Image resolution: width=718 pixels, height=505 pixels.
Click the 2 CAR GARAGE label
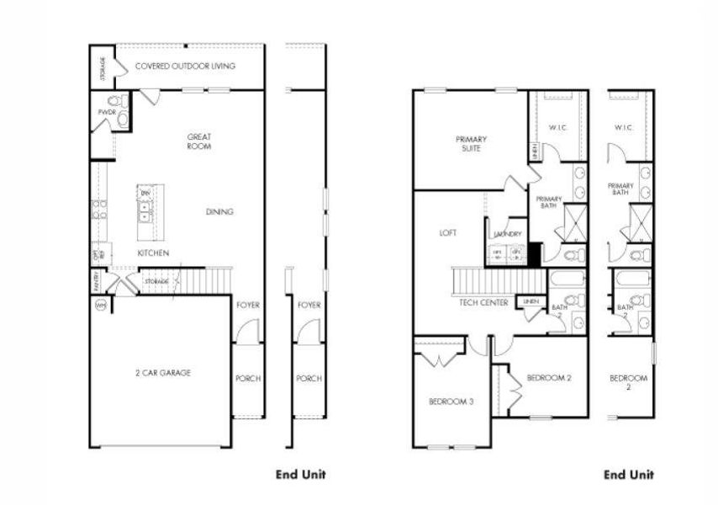tap(162, 373)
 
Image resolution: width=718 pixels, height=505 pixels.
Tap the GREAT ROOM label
tap(199, 141)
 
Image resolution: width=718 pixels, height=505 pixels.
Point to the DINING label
tap(219, 212)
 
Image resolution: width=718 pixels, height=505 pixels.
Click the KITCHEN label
tap(153, 252)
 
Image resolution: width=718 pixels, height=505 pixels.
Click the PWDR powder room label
tap(106, 111)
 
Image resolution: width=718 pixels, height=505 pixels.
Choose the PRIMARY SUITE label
tap(472, 143)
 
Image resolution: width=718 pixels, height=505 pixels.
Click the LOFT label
tap(448, 233)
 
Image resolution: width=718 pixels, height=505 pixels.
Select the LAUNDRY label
tap(509, 234)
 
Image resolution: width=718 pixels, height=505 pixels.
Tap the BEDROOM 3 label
tap(451, 401)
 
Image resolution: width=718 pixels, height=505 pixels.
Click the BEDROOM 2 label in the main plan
tap(549, 378)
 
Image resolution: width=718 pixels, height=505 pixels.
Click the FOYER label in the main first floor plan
tap(247, 305)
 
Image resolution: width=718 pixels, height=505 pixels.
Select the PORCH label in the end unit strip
tap(309, 379)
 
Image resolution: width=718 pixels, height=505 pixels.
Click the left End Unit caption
tap(301, 475)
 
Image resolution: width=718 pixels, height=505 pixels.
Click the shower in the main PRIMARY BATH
tap(576, 222)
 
